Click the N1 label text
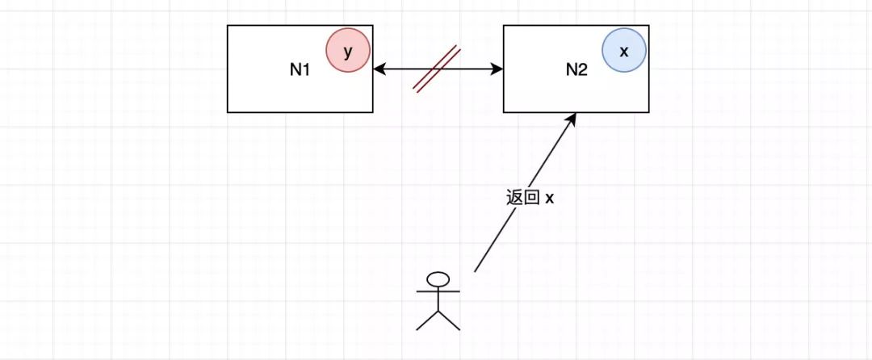tap(300, 69)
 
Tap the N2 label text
tap(576, 69)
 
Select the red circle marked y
tap(348, 51)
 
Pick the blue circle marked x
tap(623, 50)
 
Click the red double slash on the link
tap(437, 69)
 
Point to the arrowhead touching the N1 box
tap(379, 69)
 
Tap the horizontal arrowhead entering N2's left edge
tap(497, 69)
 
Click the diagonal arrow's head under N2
tap(572, 118)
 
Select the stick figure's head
tap(438, 279)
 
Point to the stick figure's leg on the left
tap(426, 320)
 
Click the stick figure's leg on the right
tap(450, 320)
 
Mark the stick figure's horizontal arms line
tap(438, 290)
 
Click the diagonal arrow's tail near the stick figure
tap(476, 270)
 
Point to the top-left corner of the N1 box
tap(228, 25)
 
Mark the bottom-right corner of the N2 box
tap(648, 111)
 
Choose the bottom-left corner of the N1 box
tap(228, 111)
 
